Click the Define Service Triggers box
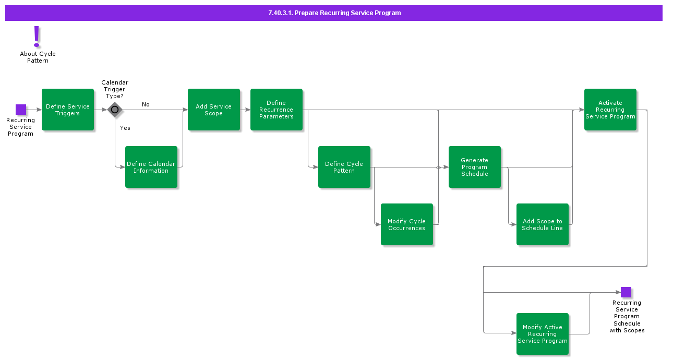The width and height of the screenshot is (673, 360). tap(68, 110)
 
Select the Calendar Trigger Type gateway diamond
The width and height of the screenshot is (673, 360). tap(115, 110)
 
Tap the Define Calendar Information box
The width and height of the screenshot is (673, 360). tap(151, 167)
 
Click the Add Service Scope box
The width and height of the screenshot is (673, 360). tap(214, 110)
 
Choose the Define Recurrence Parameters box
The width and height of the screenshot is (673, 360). tap(277, 110)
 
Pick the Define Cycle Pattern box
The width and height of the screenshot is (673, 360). tap(344, 167)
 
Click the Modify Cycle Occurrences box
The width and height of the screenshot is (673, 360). tap(407, 224)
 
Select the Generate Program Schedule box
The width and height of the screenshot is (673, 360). tap(475, 167)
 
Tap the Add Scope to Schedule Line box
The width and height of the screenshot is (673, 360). tap(543, 224)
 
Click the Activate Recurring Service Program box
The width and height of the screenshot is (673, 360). tap(610, 110)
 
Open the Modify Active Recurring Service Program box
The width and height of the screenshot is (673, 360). tap(543, 334)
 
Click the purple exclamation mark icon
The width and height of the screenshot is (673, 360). tap(37, 37)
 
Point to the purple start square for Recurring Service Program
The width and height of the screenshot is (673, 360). tap(21, 110)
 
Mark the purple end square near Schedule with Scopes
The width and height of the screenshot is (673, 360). tap(626, 292)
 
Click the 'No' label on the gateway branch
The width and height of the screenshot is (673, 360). tap(146, 104)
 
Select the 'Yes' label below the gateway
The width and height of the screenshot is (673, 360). tap(125, 128)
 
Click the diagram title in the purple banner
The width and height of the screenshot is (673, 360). tap(334, 13)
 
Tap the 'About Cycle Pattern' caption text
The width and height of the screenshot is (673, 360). tap(38, 57)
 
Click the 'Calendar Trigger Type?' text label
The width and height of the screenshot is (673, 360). tap(115, 89)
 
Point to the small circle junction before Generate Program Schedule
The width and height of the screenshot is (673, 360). tap(438, 167)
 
